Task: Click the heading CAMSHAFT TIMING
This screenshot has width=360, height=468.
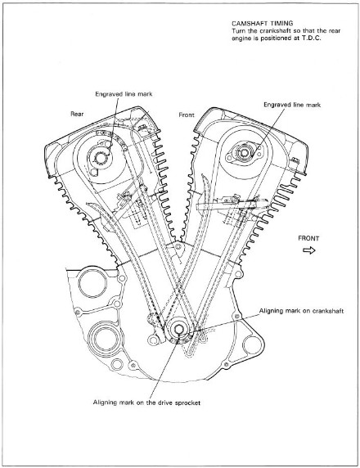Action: point(262,23)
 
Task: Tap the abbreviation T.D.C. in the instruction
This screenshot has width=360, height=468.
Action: point(312,38)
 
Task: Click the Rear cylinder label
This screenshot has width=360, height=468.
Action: point(77,114)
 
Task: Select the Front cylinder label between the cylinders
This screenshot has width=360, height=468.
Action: point(187,115)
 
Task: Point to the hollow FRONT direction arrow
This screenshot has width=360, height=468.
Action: point(309,250)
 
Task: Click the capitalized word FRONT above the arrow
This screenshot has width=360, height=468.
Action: point(308,238)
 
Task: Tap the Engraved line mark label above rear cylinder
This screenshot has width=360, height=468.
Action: point(124,94)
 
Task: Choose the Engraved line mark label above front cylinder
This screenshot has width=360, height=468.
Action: point(292,105)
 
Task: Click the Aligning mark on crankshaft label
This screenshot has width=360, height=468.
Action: point(301,311)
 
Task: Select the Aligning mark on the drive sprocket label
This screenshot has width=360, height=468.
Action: point(146,403)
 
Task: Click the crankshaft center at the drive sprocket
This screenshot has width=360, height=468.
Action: point(178,329)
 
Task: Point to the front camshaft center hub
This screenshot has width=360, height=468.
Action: point(244,153)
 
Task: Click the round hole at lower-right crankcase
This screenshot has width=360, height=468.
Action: point(253,345)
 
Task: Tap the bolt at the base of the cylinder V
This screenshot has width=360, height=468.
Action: point(178,247)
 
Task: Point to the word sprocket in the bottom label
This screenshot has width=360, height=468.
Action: point(189,403)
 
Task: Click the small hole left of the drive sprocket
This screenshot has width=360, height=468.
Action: point(152,340)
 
